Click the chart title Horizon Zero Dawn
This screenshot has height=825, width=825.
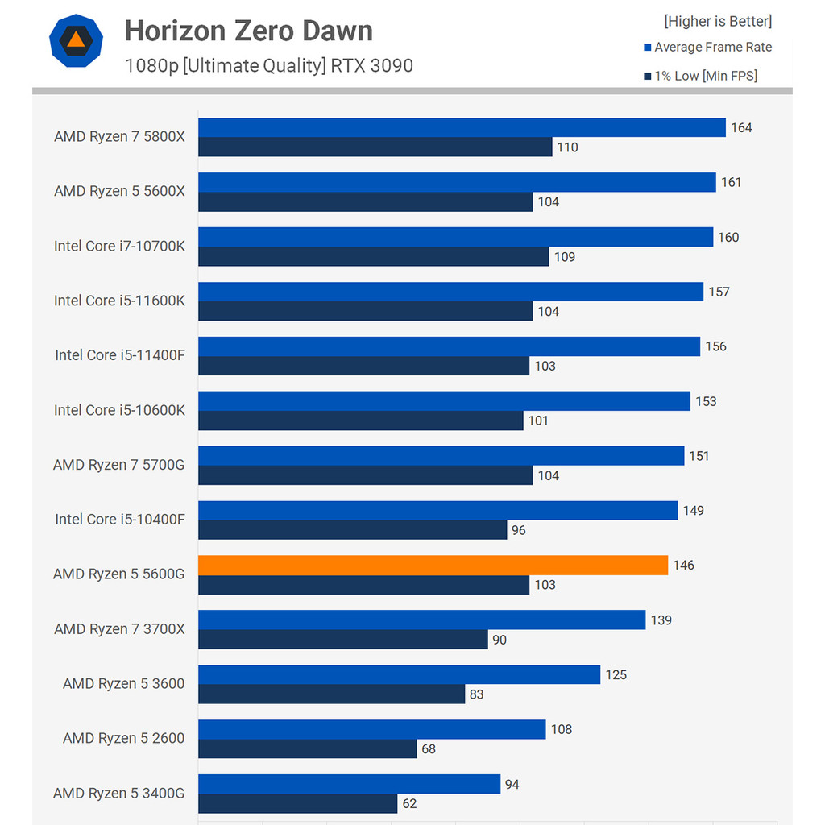coord(248,31)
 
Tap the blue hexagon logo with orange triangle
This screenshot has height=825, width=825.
coord(75,39)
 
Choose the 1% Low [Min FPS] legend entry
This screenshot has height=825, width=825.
coord(700,77)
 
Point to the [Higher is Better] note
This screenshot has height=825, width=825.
coord(717,21)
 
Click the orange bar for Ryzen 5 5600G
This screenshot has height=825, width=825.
coord(433,566)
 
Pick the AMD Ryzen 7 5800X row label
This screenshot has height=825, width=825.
coord(119,137)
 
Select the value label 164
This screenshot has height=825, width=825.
coord(741,128)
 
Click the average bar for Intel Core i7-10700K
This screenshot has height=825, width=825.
coord(455,237)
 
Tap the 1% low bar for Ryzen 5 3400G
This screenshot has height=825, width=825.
coord(297,803)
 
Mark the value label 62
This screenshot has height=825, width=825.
coord(409,803)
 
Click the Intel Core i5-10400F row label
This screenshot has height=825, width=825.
coord(119,520)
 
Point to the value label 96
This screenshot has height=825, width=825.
coord(519,530)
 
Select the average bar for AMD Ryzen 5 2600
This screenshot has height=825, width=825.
coord(371,729)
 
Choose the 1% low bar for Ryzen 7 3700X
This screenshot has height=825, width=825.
coord(342,640)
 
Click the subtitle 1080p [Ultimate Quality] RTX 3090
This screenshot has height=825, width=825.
coord(269,66)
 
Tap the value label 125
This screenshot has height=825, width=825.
coord(616,675)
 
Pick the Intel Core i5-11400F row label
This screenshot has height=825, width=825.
coord(119,355)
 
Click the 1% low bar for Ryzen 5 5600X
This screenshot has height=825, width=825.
coord(365,201)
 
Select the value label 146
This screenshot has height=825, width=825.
coord(683,566)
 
